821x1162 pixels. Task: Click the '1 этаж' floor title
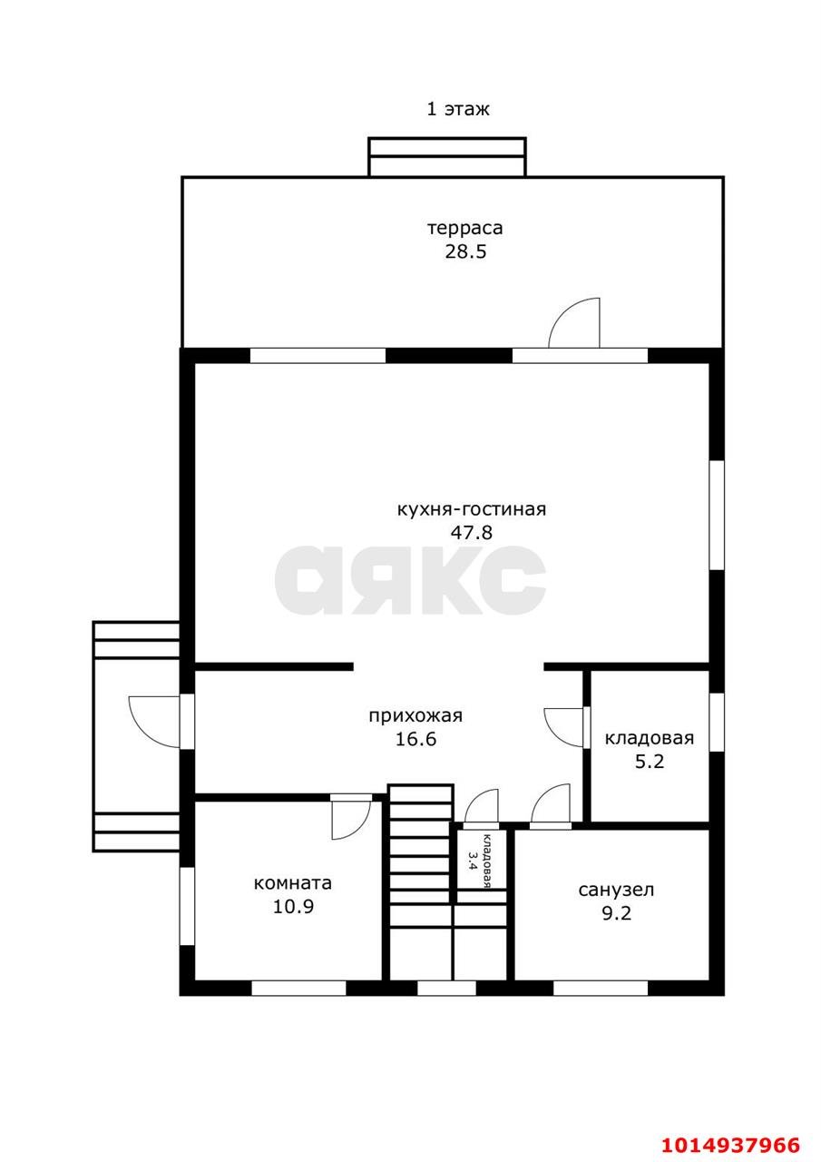457,110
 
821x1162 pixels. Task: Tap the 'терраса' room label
464,228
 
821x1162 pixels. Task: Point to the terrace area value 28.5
465,251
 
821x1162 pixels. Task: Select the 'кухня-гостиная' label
472,509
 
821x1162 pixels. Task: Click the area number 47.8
471,532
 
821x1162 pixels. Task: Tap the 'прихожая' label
415,716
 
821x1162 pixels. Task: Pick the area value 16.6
415,739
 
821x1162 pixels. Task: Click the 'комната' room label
293,883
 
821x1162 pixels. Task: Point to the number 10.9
293,906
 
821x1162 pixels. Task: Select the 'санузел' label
616,890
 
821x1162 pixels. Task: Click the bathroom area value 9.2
616,913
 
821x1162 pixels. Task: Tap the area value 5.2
650,762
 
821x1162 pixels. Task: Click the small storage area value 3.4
472,861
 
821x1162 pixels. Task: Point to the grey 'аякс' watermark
410,579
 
